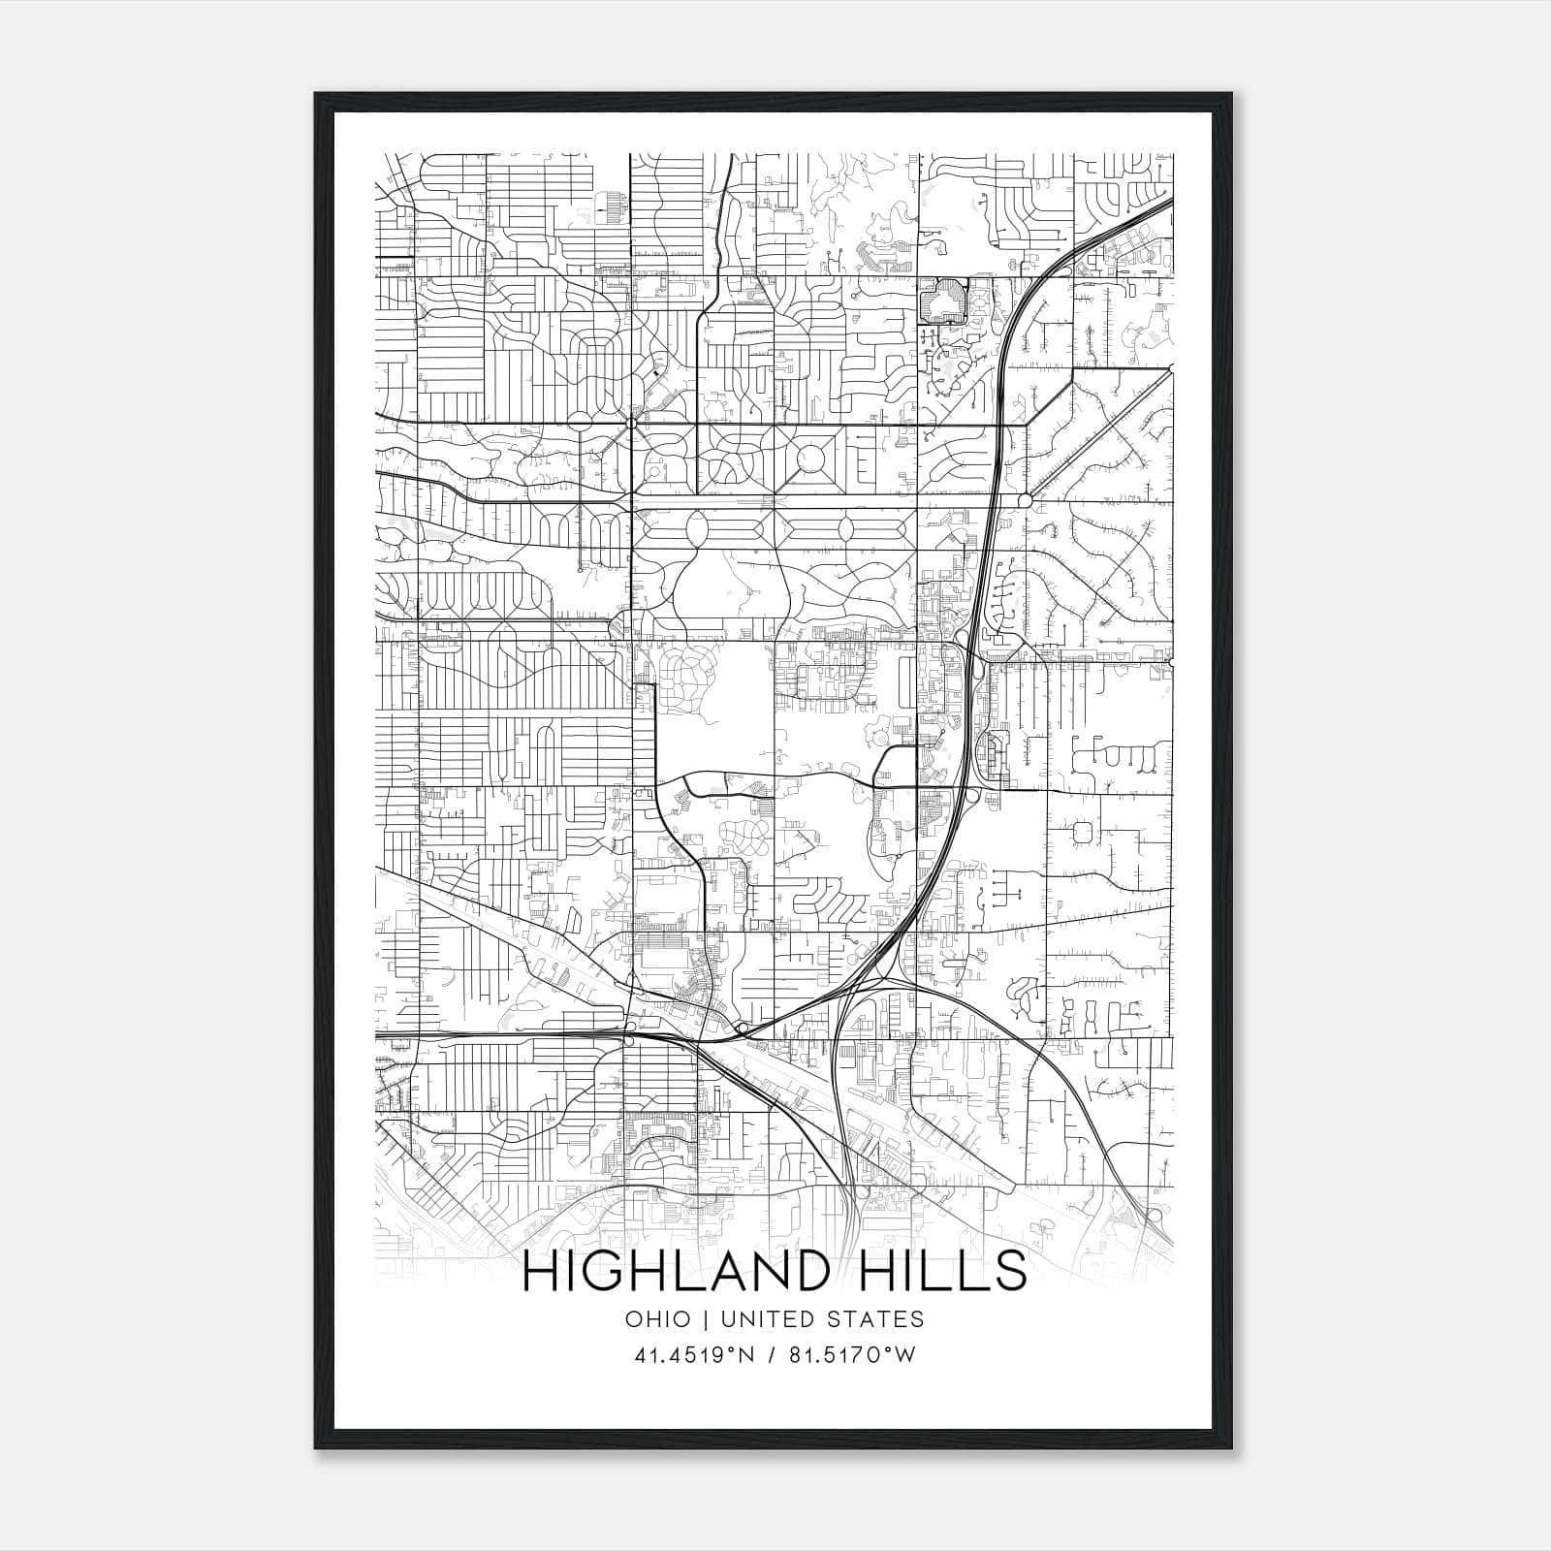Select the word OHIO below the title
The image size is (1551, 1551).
658,1318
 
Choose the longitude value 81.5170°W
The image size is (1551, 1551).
852,1355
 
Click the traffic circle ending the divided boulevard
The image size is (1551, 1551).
1026,500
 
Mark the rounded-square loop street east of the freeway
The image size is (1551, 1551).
1084,832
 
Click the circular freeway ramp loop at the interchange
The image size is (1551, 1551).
972,795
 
